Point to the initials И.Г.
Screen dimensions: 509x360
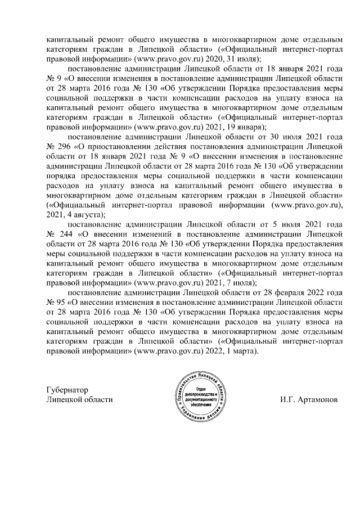[x=288, y=400]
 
